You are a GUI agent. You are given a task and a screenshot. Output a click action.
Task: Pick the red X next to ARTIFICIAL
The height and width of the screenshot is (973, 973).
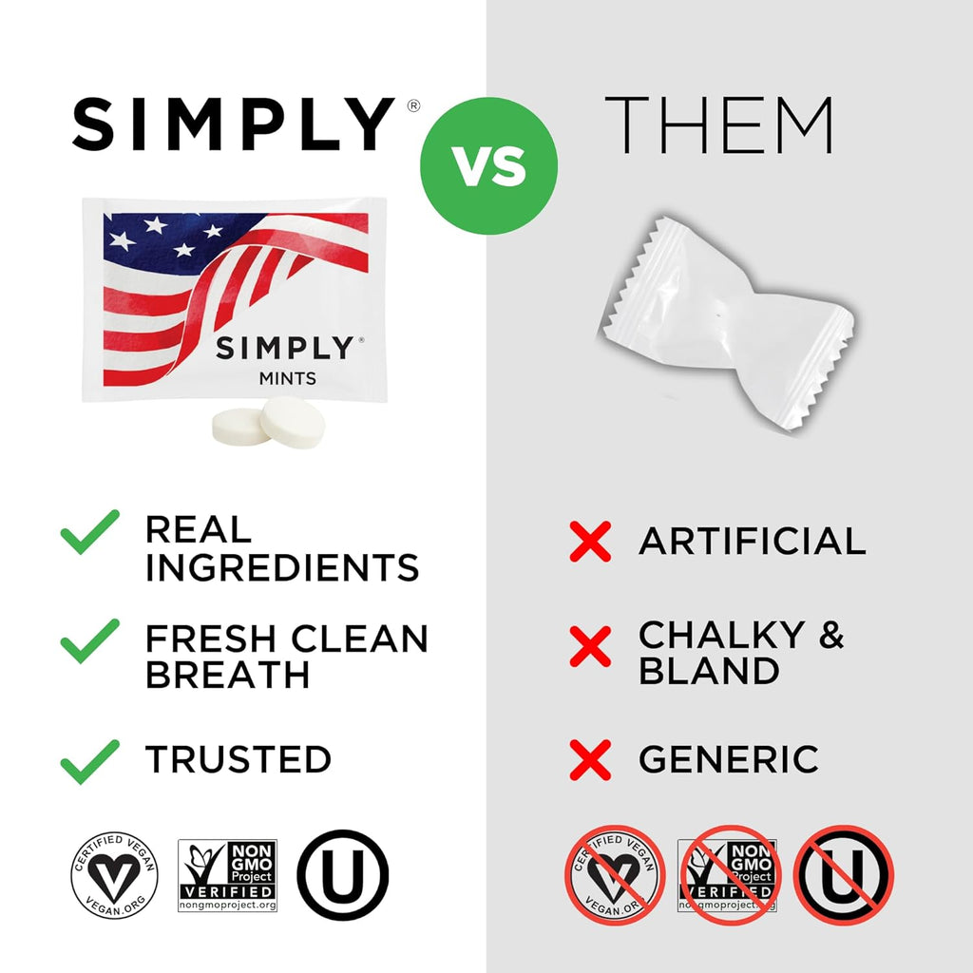click(x=590, y=542)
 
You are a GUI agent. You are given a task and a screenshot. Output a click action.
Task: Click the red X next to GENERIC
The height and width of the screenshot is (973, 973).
click(x=590, y=760)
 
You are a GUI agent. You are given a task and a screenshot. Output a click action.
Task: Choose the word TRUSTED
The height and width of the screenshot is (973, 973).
click(x=238, y=760)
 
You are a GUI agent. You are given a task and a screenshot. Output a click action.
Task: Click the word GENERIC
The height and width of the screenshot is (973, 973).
click(x=728, y=760)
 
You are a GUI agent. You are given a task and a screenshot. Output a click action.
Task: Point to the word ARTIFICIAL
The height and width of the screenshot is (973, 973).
click(x=752, y=542)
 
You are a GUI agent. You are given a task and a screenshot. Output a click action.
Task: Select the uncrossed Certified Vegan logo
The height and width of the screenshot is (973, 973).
click(x=114, y=875)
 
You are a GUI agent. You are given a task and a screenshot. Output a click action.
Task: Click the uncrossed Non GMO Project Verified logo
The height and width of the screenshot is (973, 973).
click(x=228, y=875)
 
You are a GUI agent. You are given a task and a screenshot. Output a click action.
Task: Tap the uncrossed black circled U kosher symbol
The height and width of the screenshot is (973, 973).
click(x=343, y=875)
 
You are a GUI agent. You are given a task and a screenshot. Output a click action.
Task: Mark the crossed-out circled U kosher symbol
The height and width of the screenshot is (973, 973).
click(x=843, y=875)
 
